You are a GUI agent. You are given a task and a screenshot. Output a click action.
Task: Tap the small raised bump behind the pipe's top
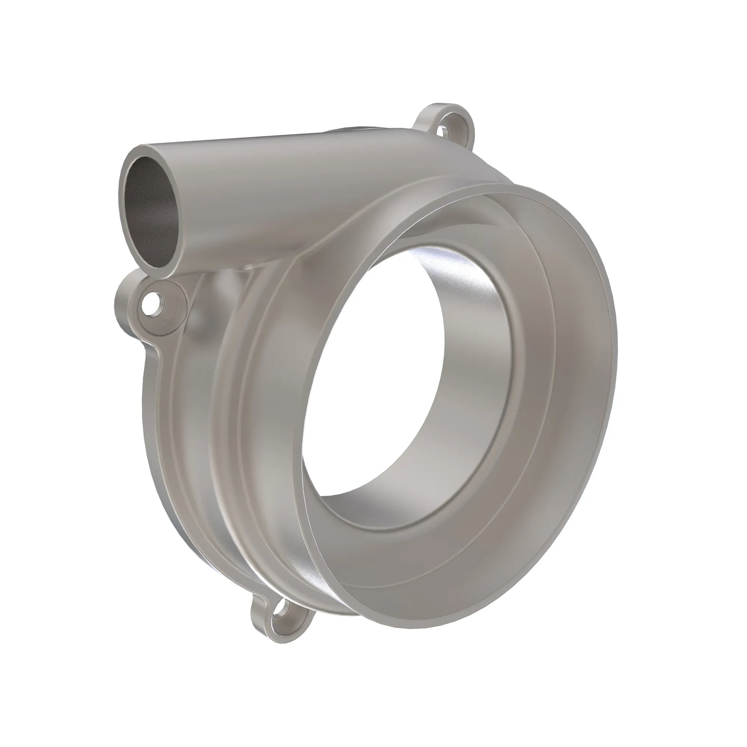(348, 131)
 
